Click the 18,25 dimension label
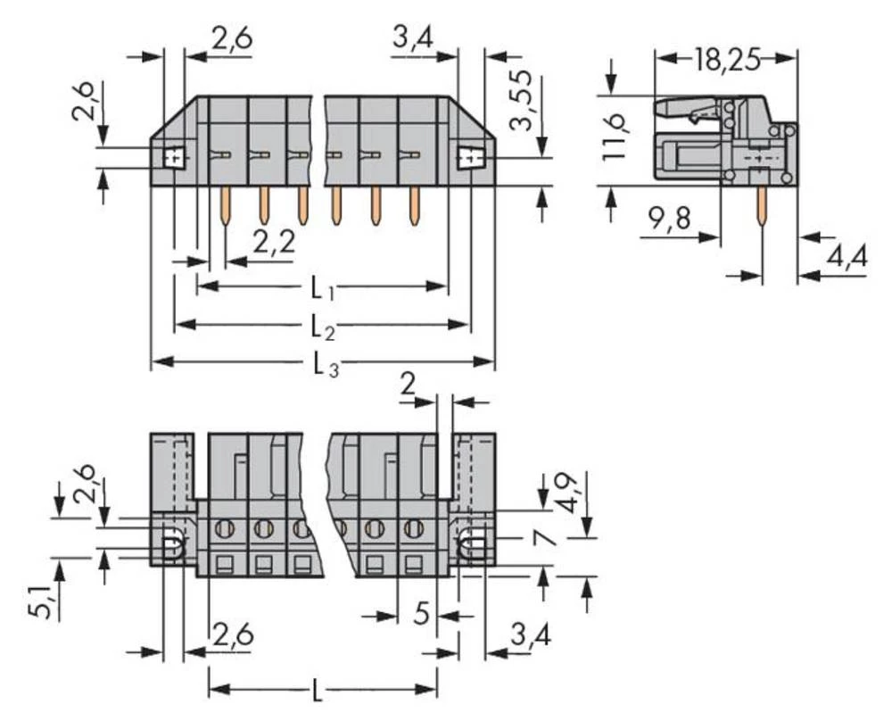726,60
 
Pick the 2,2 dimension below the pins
272,242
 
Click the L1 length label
322,288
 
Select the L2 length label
322,327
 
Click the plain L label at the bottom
320,690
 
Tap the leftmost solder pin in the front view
224,204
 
